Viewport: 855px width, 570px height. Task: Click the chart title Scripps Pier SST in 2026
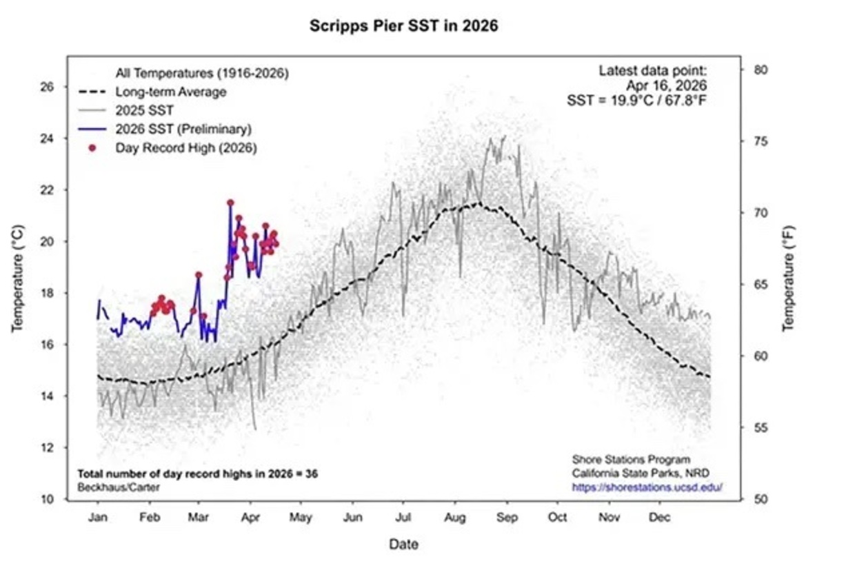point(403,27)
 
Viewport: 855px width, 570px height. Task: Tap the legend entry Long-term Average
point(171,92)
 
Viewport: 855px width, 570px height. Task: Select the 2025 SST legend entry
point(145,110)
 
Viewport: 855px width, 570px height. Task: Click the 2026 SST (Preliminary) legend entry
point(183,129)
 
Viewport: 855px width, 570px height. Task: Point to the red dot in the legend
point(92,147)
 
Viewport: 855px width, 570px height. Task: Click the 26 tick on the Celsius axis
point(47,87)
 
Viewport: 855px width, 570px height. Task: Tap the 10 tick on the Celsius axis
point(47,499)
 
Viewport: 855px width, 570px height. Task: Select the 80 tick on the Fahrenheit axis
point(759,70)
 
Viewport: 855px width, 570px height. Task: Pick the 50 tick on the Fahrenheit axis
point(759,499)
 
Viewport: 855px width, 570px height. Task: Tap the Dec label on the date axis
point(660,518)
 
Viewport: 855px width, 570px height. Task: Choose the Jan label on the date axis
point(97,518)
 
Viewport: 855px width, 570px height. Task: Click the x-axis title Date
point(403,544)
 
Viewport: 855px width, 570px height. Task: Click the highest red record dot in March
point(230,203)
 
